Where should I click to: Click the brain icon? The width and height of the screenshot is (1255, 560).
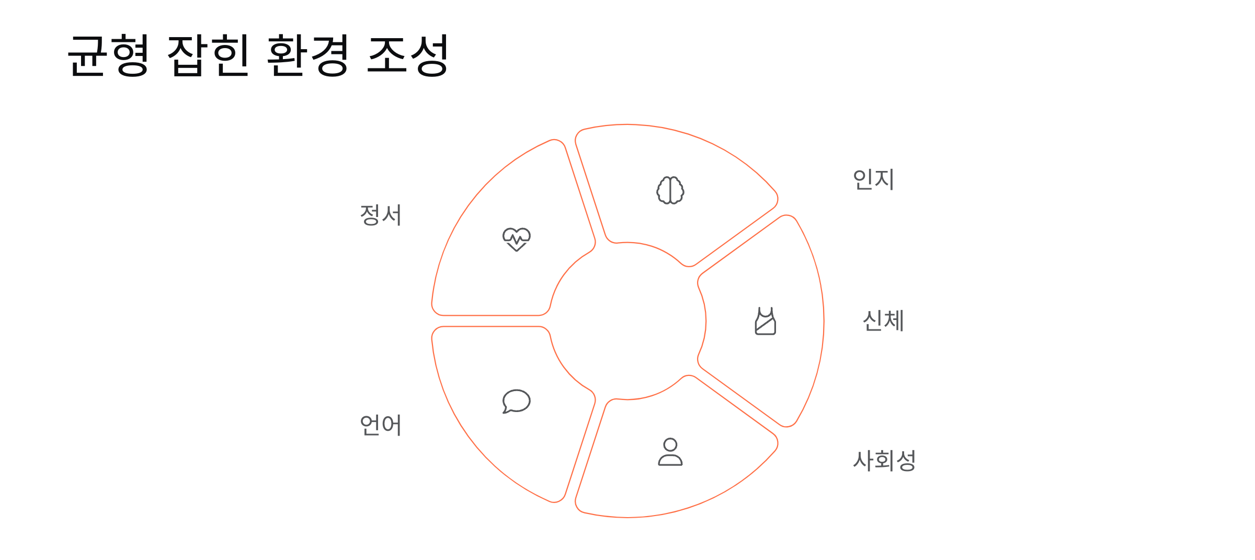[x=670, y=190]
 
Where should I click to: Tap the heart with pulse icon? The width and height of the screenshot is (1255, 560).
[x=516, y=239]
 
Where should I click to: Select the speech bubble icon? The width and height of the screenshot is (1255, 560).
[x=516, y=402]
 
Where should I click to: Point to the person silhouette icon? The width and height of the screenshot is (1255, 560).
[x=670, y=452]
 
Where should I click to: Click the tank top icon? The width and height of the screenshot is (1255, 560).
[x=766, y=321]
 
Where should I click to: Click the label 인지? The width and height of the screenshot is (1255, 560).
[x=873, y=179]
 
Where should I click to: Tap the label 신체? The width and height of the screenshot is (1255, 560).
[x=883, y=321]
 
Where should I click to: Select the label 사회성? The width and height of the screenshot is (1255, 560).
[x=884, y=461]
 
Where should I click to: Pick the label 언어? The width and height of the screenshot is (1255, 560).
[x=381, y=425]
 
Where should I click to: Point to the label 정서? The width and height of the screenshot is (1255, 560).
[x=381, y=215]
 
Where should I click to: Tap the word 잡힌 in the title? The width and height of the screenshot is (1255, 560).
[x=208, y=55]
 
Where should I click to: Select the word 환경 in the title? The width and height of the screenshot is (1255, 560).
[x=308, y=55]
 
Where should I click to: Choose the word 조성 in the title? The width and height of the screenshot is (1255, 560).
[x=408, y=55]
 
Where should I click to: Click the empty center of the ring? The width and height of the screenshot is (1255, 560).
[x=627, y=321]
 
